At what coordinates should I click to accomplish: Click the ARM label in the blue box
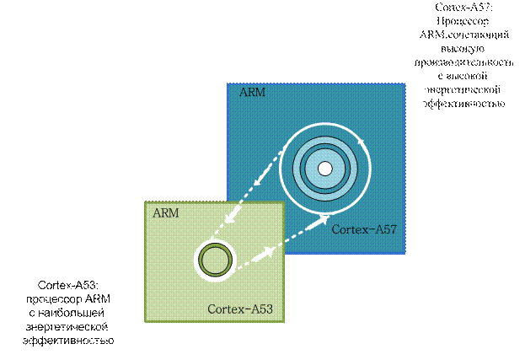click(x=251, y=92)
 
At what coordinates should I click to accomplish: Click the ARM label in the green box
click(x=165, y=212)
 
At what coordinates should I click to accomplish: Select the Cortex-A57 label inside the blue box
click(x=364, y=229)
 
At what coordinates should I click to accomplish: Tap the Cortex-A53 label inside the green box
click(x=239, y=309)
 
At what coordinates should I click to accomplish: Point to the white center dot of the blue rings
click(x=324, y=168)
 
